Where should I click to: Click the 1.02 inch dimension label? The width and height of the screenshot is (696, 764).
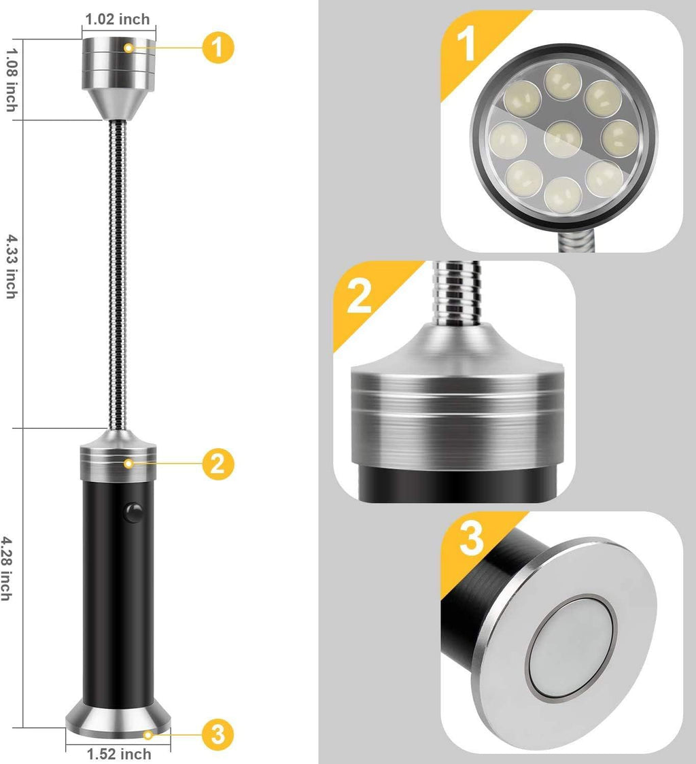click(117, 19)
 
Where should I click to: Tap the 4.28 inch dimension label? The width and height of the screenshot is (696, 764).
click(7, 568)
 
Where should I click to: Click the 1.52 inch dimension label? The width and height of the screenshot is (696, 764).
click(119, 754)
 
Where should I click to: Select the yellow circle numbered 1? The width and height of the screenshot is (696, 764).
click(217, 47)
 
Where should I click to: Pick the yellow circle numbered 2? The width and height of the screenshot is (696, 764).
click(217, 464)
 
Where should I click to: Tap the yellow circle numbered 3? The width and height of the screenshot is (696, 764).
click(217, 734)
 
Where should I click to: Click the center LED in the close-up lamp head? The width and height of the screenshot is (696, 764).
click(563, 139)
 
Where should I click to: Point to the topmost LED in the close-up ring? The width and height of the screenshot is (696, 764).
click(561, 80)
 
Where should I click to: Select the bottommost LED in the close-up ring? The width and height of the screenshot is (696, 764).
click(563, 196)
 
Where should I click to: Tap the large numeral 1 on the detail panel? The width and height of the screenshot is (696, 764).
click(466, 44)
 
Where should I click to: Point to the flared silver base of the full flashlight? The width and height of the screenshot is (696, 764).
click(118, 717)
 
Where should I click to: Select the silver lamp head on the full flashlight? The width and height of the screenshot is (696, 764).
click(119, 71)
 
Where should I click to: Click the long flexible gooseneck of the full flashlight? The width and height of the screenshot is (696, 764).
click(116, 272)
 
